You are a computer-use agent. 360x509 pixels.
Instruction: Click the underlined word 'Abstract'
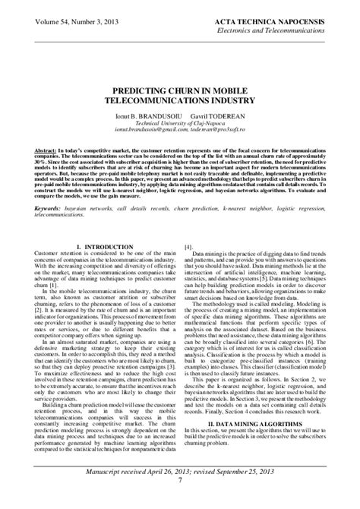pos(46,153)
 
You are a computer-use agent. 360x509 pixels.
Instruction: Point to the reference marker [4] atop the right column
pos(189,248)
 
